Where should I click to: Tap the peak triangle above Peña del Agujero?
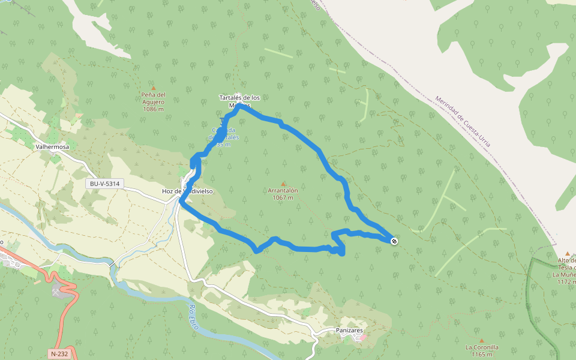point(153,88)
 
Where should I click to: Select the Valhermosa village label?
point(52,146)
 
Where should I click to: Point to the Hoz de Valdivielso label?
point(187,191)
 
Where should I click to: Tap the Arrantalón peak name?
point(283,190)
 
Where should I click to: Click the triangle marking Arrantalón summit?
point(283,184)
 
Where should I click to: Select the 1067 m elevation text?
point(283,197)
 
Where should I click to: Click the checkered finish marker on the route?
point(394,241)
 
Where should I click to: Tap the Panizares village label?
point(349,330)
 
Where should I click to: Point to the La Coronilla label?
point(481,347)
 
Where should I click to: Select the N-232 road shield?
point(59,353)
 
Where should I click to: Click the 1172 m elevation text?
point(565,281)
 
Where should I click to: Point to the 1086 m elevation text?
point(153,109)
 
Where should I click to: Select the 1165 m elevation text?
point(481,354)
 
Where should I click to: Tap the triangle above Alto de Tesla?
point(568,253)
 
